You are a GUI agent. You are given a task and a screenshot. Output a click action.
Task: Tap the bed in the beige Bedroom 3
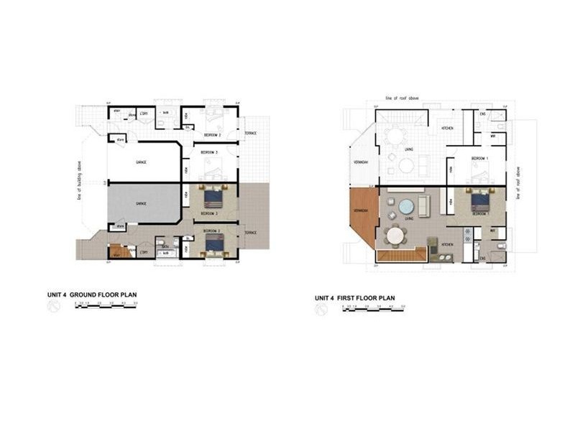point(213,197)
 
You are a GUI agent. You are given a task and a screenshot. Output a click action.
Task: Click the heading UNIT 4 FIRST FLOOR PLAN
point(355,297)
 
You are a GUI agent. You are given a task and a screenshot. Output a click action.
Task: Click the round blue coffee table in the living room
point(406,205)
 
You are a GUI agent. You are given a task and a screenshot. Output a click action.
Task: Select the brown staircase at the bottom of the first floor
point(402,254)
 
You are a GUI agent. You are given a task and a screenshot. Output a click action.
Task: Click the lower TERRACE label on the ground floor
point(250,233)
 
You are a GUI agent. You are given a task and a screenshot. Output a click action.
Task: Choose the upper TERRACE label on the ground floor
point(250,134)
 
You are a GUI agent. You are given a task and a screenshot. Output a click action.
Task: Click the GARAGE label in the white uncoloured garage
point(141,162)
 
